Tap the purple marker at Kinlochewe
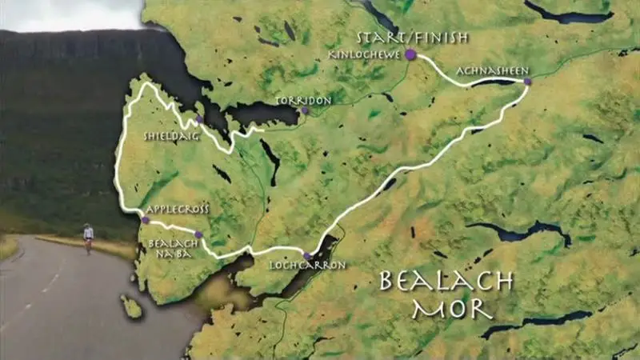(x=410, y=55)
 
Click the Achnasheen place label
(x=492, y=71)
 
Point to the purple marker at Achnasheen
(x=527, y=81)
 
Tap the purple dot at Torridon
(x=305, y=111)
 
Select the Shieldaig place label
(x=166, y=136)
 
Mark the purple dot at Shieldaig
(x=198, y=118)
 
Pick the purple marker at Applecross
(x=145, y=220)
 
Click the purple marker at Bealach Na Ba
(x=198, y=235)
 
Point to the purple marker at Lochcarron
(x=307, y=256)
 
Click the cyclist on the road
(x=88, y=237)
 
